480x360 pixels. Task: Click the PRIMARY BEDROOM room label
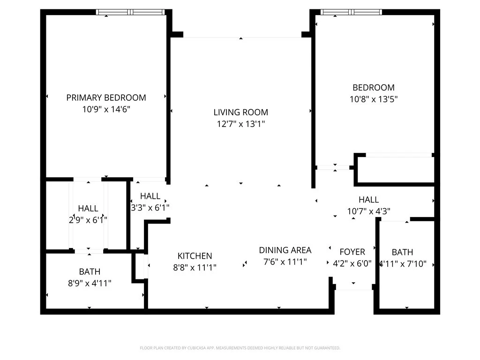(106, 97)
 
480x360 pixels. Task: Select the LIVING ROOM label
(240, 112)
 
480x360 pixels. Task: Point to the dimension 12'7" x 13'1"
(240, 124)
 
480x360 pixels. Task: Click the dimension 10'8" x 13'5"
(374, 99)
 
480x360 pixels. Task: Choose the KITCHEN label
(195, 256)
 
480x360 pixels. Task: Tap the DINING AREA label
(285, 250)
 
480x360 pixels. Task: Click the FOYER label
(352, 252)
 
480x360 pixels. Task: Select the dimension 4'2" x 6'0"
(352, 264)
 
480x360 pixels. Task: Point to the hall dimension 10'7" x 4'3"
(368, 211)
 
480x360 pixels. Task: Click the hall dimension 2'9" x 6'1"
(88, 220)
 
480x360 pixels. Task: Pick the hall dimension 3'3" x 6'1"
(150, 207)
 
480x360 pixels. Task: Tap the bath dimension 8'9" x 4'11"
(90, 283)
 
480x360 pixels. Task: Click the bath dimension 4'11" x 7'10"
(403, 264)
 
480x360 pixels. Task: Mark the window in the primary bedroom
(130, 12)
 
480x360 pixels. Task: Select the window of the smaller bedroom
(351, 12)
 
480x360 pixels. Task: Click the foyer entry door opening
(353, 287)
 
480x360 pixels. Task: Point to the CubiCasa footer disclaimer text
(240, 348)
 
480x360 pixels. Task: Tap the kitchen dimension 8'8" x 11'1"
(195, 267)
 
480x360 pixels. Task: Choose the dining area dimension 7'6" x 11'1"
(285, 262)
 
